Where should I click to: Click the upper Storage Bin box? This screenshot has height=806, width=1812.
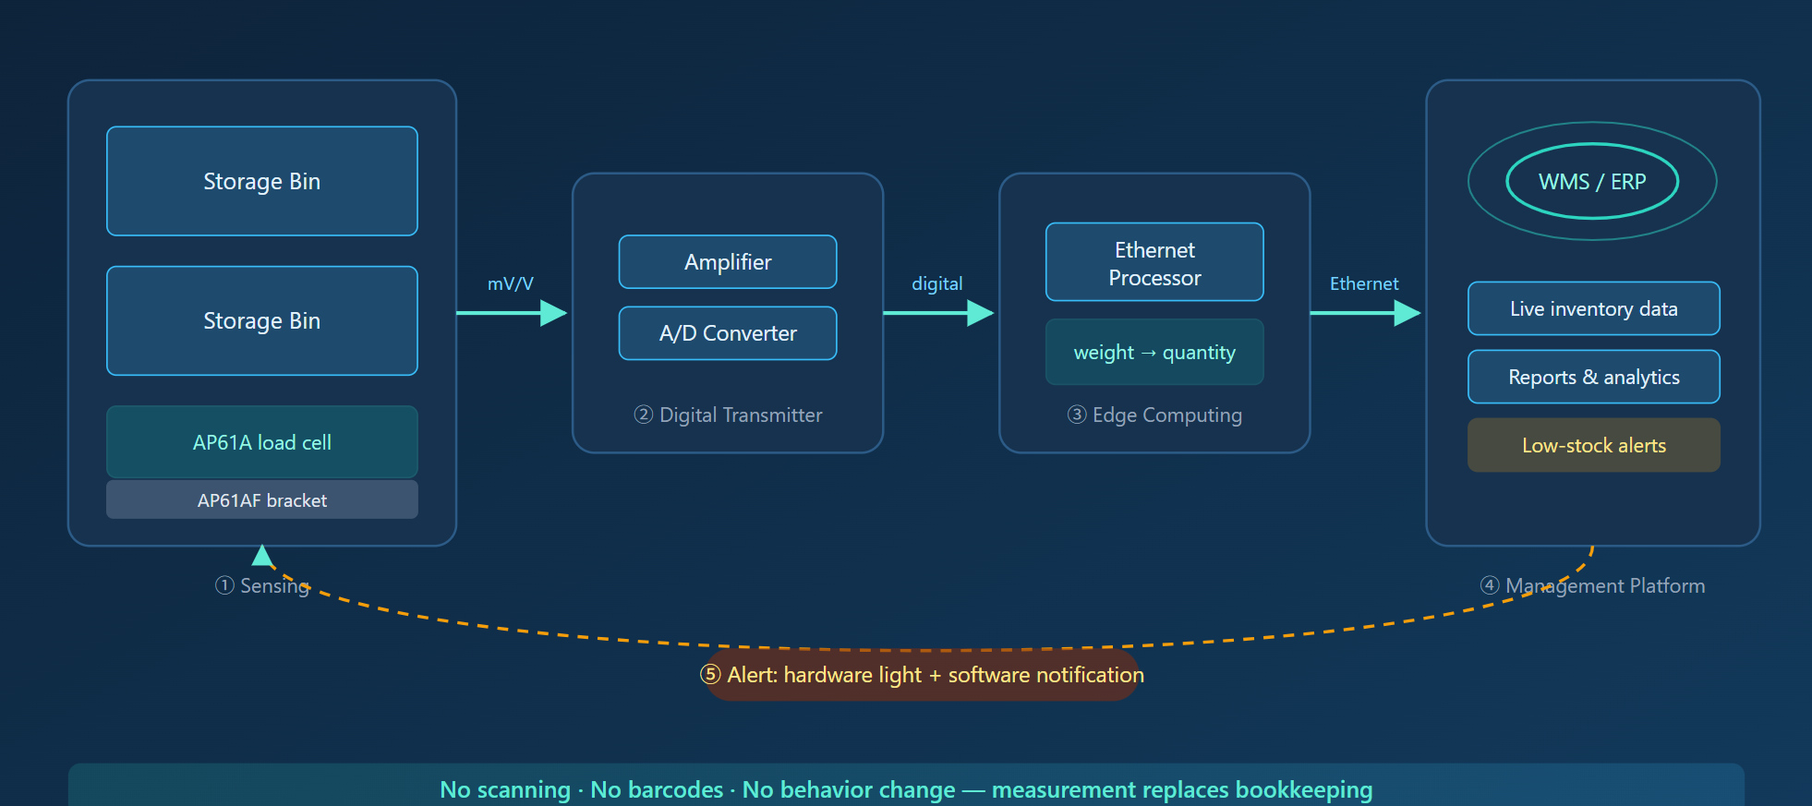(262, 181)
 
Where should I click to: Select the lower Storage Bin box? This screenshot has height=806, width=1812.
(262, 320)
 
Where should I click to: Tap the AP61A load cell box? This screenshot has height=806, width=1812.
(262, 442)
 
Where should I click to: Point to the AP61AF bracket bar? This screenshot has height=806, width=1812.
(262, 499)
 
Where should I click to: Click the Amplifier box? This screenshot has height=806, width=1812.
(728, 262)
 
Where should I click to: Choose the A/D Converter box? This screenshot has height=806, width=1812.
(728, 333)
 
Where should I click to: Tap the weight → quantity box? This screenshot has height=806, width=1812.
(1154, 352)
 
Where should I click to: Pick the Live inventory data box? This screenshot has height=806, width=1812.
(1594, 308)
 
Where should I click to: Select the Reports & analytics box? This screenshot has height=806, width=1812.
(1594, 377)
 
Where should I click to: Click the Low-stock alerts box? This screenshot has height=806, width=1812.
(1594, 445)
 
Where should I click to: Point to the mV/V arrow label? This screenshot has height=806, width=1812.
(511, 283)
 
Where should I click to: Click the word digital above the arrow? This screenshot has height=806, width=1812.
(937, 283)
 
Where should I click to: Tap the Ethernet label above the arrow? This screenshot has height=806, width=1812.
(1364, 283)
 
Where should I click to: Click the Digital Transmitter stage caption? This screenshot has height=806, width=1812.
(728, 415)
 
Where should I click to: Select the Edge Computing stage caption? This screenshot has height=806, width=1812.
(1154, 415)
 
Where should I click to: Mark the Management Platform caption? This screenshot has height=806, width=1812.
(1593, 585)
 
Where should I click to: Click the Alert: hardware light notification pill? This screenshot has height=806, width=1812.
(923, 675)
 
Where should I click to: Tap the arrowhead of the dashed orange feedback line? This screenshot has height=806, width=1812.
(263, 554)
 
